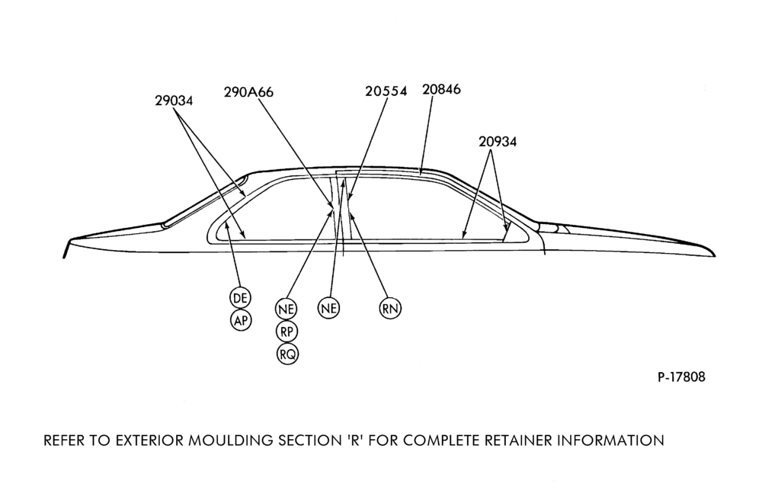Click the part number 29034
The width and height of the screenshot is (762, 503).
click(x=174, y=101)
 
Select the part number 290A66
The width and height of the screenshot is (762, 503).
click(x=248, y=92)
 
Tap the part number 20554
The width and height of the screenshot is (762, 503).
click(x=386, y=91)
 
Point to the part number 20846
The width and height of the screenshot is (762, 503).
click(x=441, y=89)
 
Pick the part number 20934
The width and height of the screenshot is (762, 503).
click(x=498, y=142)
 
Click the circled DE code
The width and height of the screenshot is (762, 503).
click(x=241, y=298)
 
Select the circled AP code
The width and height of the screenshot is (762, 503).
click(x=241, y=320)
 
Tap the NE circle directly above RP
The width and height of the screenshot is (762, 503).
click(x=287, y=309)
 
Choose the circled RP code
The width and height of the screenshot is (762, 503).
click(x=287, y=332)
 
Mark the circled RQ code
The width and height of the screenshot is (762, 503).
click(x=287, y=354)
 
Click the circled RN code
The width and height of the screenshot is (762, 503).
click(x=390, y=308)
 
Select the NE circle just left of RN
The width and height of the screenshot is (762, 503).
click(x=329, y=308)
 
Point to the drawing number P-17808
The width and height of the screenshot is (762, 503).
click(x=681, y=377)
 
